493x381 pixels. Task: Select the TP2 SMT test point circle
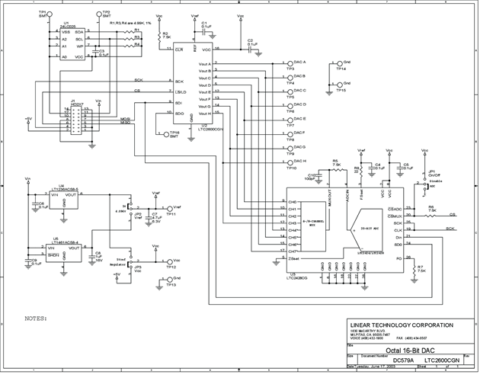click(97, 14)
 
